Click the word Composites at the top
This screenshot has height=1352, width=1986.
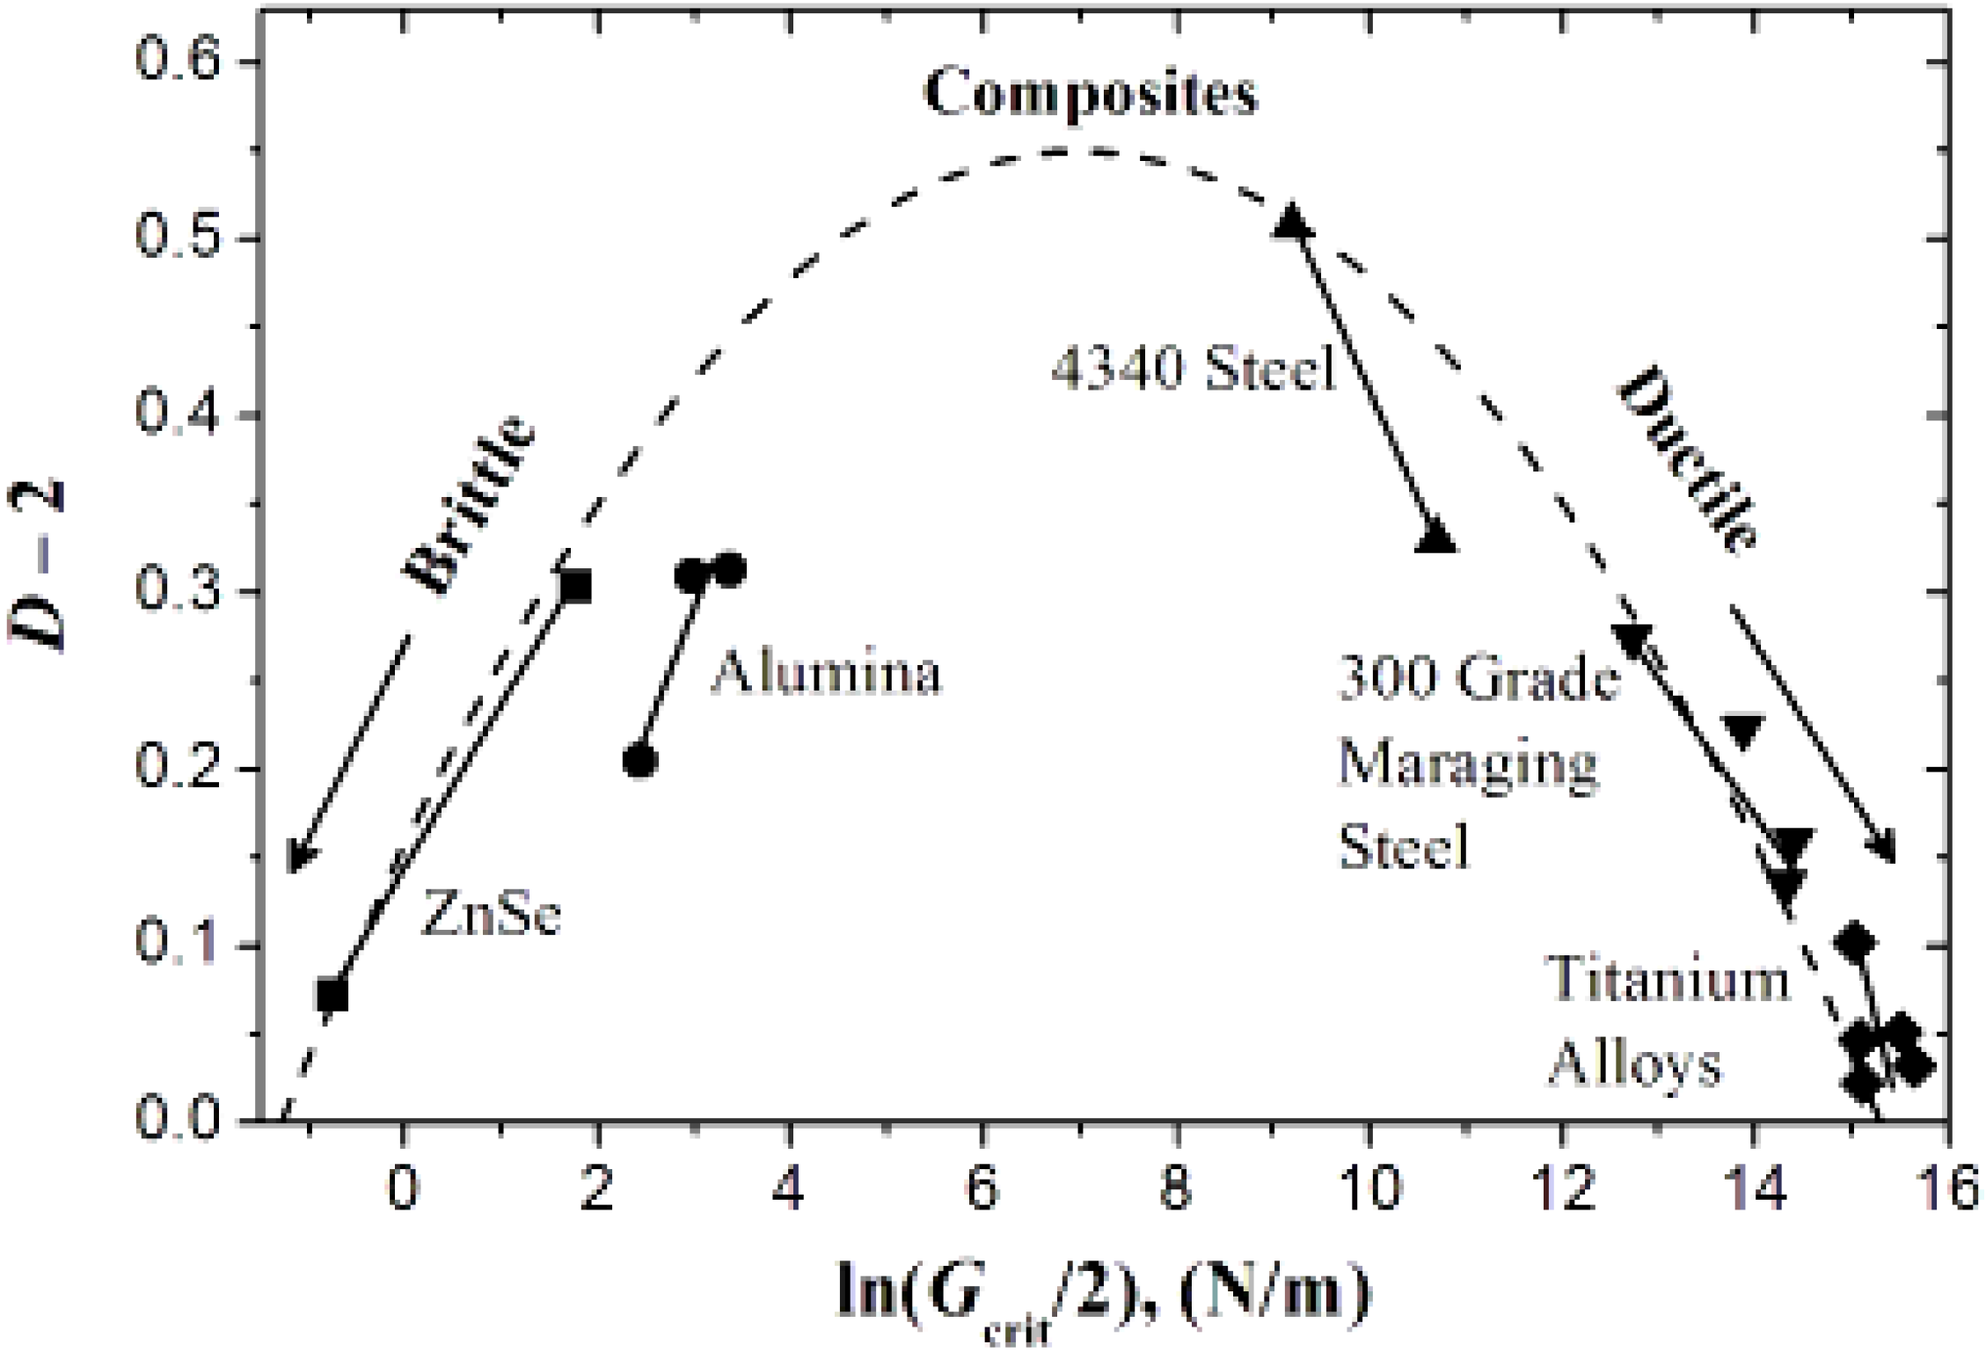(1091, 94)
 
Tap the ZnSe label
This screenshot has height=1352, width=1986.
(492, 912)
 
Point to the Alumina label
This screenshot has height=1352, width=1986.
(826, 673)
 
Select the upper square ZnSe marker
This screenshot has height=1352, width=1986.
(575, 585)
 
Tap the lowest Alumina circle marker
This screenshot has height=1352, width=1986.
(640, 760)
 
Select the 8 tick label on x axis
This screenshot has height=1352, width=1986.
(1176, 1188)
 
